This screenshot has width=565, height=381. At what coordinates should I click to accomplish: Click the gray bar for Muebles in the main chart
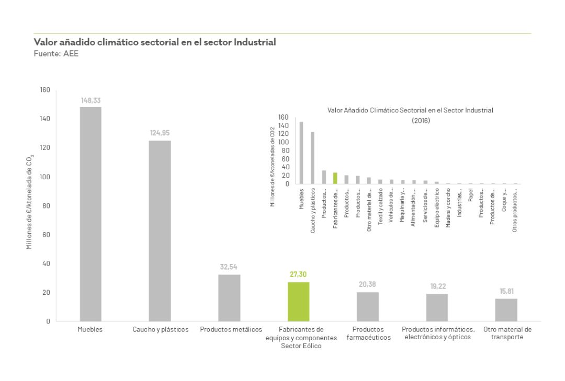click(x=91, y=214)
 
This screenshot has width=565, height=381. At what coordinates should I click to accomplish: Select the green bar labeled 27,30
click(x=299, y=302)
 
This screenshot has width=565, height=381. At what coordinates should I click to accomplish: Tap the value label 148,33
click(x=91, y=100)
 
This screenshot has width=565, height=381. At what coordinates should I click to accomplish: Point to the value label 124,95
click(x=160, y=133)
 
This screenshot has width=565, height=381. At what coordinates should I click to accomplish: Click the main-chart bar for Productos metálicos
click(x=229, y=298)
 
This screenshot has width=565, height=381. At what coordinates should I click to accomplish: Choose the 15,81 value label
click(x=506, y=291)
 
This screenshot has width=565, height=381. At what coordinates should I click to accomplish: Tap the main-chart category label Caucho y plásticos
click(x=161, y=330)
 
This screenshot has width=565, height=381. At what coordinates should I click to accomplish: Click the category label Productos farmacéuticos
click(x=368, y=333)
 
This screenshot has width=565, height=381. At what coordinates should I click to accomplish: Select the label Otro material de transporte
click(x=507, y=333)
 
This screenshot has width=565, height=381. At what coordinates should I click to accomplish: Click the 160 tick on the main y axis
click(x=45, y=90)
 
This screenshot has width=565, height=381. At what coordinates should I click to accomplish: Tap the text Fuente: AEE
click(x=56, y=53)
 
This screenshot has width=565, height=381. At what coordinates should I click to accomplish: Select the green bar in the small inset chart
click(x=335, y=178)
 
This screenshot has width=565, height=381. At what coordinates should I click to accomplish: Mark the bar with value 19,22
click(x=437, y=307)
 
